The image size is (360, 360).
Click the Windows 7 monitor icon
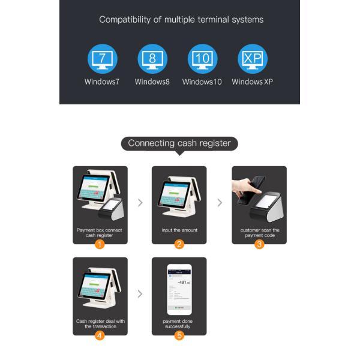pyautogui.click(x=103, y=59)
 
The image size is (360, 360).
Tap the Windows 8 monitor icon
pyautogui.click(x=152, y=59)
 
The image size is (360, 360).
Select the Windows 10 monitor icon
pyautogui.click(x=202, y=59)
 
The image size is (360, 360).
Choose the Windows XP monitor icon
pyautogui.click(x=253, y=59)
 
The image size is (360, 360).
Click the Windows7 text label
pyautogui.click(x=102, y=82)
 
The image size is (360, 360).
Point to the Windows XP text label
pyautogui.click(x=252, y=82)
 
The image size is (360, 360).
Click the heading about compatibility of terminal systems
pyautogui.click(x=181, y=20)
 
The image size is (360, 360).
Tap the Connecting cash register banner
pyautogui.click(x=179, y=143)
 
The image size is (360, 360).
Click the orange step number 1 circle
pyautogui.click(x=100, y=244)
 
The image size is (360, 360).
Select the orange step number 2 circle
pyautogui.click(x=179, y=244)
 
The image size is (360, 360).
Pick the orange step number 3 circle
pyautogui.click(x=259, y=244)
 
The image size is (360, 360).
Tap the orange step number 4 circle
pyautogui.click(x=100, y=335)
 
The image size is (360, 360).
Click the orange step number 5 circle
pyautogui.click(x=179, y=335)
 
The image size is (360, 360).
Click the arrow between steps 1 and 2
pyautogui.click(x=140, y=203)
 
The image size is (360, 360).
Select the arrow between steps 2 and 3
pyautogui.click(x=219, y=203)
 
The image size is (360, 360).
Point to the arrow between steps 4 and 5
pyautogui.click(x=140, y=294)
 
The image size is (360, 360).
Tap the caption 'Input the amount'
pyautogui.click(x=179, y=230)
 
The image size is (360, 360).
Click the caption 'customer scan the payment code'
pyautogui.click(x=259, y=233)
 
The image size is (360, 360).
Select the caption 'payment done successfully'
pyautogui.click(x=179, y=324)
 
